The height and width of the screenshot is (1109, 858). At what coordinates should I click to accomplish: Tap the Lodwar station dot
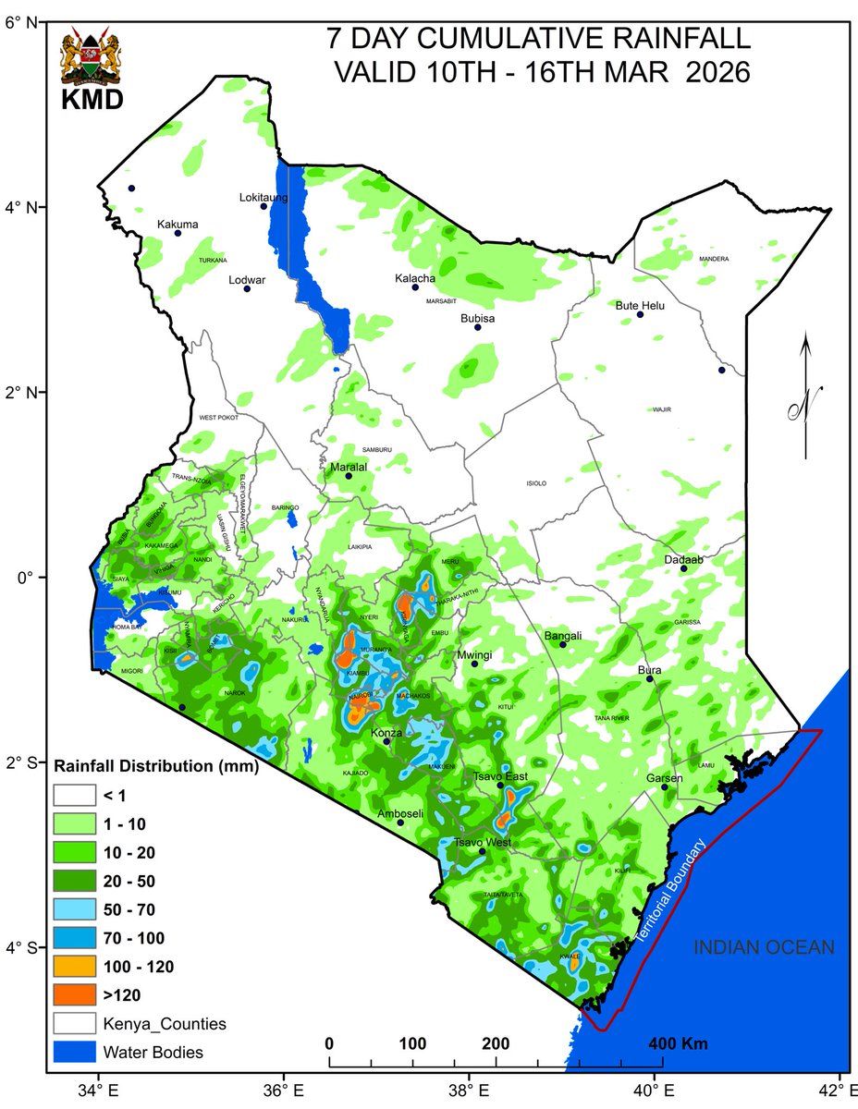(x=247, y=289)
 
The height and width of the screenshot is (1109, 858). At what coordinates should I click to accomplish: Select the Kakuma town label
(x=178, y=224)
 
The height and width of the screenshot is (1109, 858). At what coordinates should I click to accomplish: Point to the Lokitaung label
(x=264, y=198)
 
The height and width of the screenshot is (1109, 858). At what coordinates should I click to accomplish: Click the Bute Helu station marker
(x=640, y=315)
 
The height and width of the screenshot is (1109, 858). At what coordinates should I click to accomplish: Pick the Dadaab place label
(x=683, y=560)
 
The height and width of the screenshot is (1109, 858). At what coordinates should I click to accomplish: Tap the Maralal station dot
(x=349, y=476)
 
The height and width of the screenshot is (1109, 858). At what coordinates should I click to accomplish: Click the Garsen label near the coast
(x=664, y=778)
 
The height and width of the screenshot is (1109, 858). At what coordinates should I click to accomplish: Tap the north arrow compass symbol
(x=805, y=397)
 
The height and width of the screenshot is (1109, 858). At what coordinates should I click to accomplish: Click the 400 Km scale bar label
(x=679, y=1044)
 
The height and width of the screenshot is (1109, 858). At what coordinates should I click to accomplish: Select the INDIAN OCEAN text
(x=764, y=947)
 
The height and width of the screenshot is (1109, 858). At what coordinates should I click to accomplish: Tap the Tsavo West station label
(x=482, y=842)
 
